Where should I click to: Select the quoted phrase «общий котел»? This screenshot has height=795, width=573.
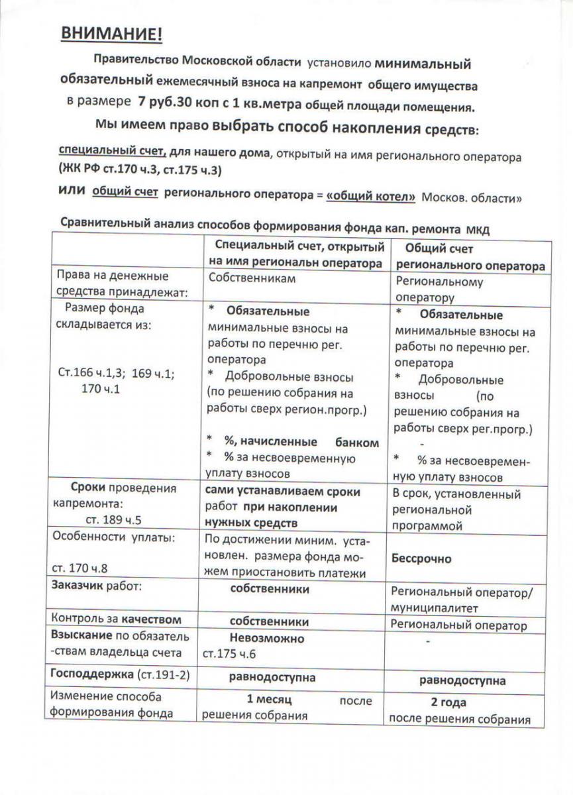coord(371,196)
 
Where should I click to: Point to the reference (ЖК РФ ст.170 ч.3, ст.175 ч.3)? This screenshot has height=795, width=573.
coord(139,170)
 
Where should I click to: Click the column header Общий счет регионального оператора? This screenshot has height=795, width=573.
coord(470,257)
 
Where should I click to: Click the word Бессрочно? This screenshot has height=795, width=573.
coord(421,558)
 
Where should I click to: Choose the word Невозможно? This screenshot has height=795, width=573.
coord(267,639)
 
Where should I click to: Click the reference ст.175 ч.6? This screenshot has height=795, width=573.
coord(229,654)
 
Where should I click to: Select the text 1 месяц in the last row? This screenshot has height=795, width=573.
coord(269,700)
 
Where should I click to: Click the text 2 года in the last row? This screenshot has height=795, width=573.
coord(448,702)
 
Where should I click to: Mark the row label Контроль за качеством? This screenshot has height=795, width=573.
coord(116,619)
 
